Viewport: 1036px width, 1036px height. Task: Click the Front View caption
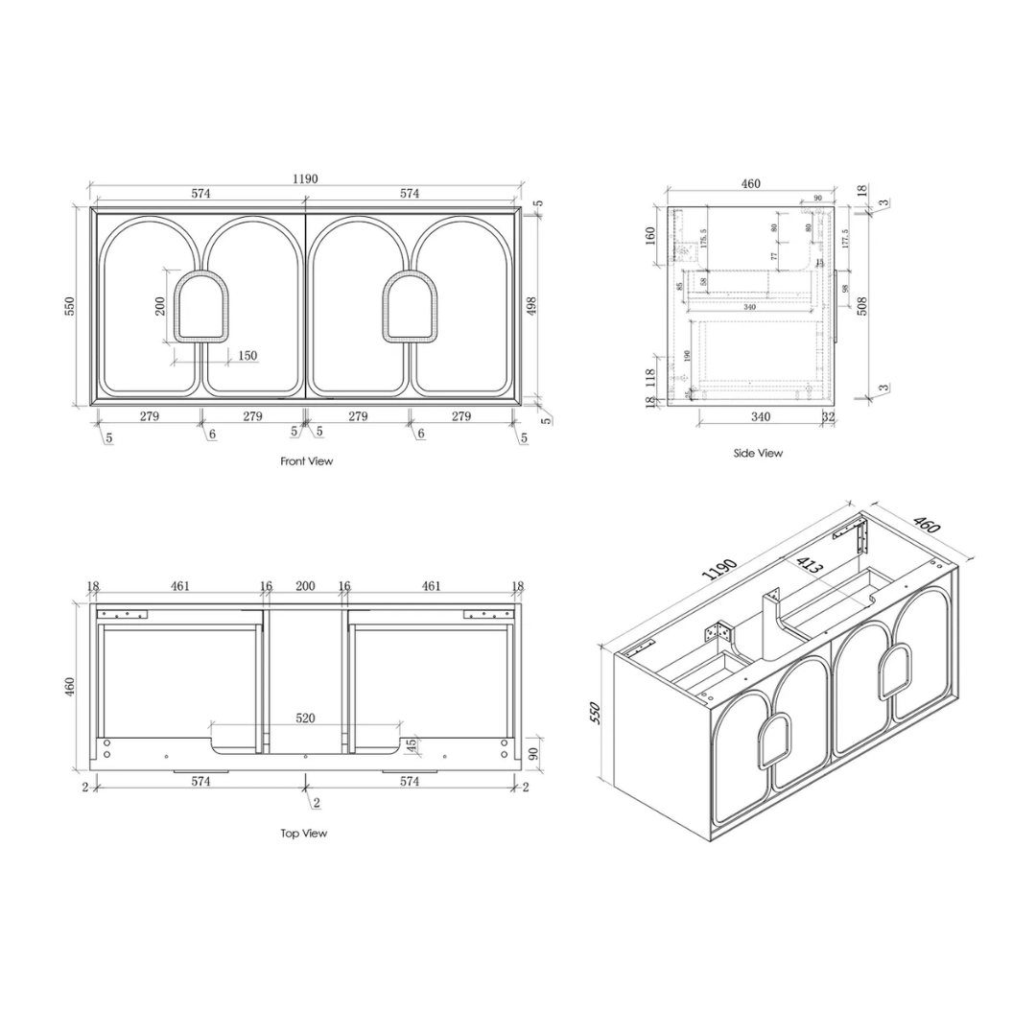[x=306, y=461]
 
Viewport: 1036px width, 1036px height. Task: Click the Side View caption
[x=758, y=453]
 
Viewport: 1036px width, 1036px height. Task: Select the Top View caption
[x=304, y=834]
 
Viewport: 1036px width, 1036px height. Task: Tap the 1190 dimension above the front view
[x=305, y=178]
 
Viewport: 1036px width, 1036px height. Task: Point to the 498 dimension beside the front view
[x=532, y=305]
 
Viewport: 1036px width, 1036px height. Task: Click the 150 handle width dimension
[x=247, y=356]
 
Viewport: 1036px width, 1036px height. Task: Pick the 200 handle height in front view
[x=161, y=305]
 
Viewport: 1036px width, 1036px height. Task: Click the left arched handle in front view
[x=201, y=306]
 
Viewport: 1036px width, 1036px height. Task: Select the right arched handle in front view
[x=410, y=306]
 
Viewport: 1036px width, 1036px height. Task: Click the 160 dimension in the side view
[x=650, y=235]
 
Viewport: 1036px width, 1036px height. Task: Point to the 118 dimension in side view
[x=650, y=376]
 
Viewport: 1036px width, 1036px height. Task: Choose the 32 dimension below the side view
[x=828, y=416]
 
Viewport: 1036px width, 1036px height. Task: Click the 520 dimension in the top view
[x=306, y=718]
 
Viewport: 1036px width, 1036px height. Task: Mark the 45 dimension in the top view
[x=411, y=745]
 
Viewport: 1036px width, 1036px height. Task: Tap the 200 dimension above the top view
[x=305, y=585]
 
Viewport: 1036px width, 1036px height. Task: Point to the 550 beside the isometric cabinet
[x=596, y=713]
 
